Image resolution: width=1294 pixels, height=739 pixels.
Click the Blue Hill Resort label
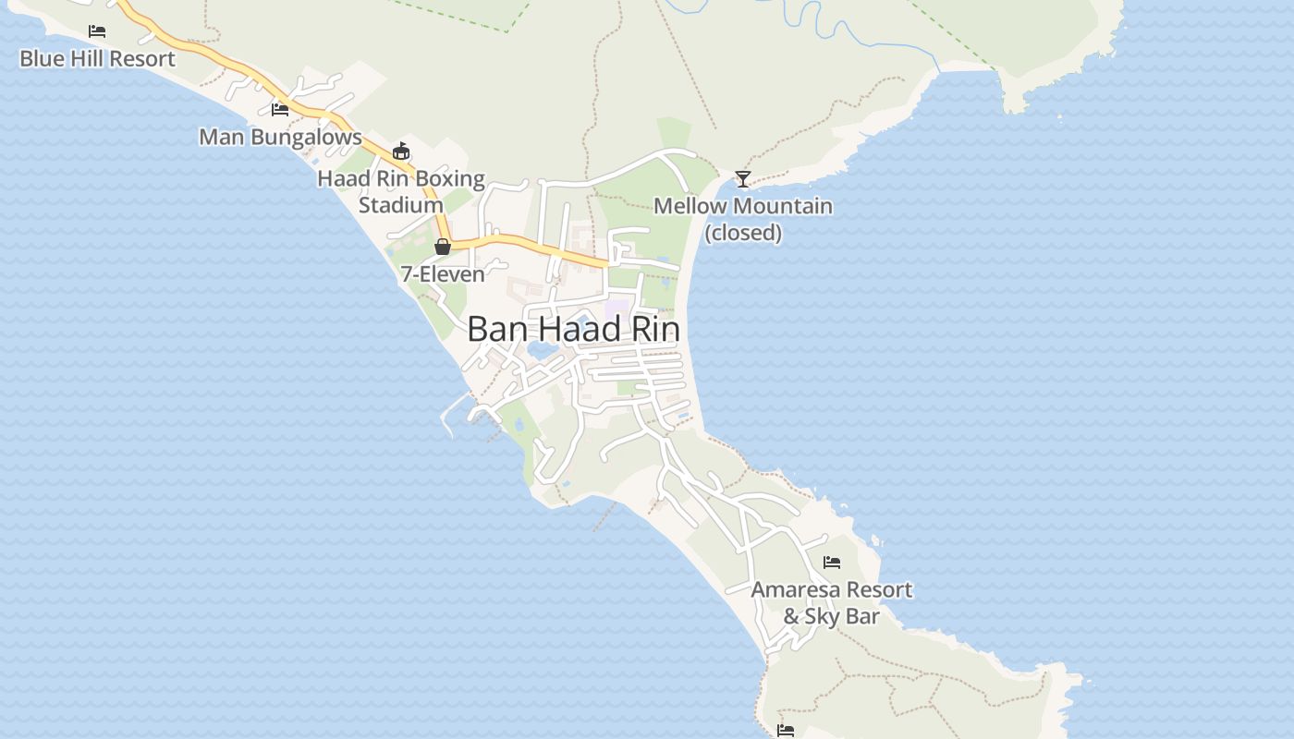tap(97, 59)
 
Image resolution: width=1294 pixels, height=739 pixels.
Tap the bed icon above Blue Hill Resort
tap(97, 31)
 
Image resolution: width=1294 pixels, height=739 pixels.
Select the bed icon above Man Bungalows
tap(280, 109)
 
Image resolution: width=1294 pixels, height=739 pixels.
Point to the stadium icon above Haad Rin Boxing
tap(401, 151)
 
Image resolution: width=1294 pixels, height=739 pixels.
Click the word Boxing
tap(450, 178)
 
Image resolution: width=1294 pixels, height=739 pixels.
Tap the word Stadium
tap(400, 205)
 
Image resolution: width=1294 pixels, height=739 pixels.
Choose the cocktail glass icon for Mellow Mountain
tap(742, 178)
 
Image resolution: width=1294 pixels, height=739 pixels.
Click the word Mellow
tap(689, 206)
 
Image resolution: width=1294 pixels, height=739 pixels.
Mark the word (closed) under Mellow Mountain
tap(743, 233)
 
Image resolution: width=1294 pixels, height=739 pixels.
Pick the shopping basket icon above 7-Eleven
tap(443, 247)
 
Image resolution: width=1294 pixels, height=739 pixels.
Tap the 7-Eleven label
tap(443, 274)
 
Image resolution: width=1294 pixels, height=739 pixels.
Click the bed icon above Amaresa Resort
tap(832, 562)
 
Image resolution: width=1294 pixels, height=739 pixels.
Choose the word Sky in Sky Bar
tap(822, 616)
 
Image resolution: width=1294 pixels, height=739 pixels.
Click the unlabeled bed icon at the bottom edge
tap(786, 731)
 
